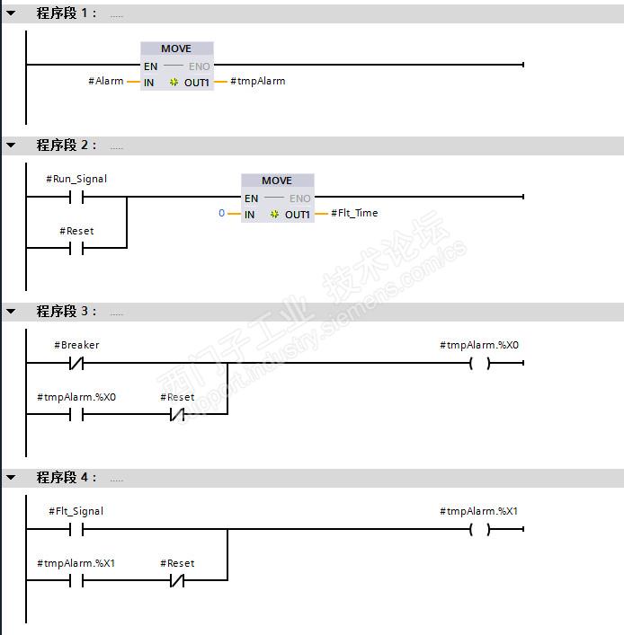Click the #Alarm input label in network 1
(x=105, y=82)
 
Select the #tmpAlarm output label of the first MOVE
(x=257, y=82)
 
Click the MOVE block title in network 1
(x=176, y=49)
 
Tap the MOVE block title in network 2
(x=277, y=181)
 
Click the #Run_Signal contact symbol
(x=76, y=197)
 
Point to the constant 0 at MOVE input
(x=221, y=214)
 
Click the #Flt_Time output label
(x=354, y=214)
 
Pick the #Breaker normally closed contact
(x=76, y=363)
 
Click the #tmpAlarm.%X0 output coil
(x=480, y=363)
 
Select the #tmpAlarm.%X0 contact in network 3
(x=76, y=415)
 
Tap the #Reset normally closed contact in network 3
(x=177, y=415)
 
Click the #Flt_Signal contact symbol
(x=76, y=529)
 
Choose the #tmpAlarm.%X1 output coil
(x=480, y=529)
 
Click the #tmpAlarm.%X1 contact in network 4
(x=76, y=581)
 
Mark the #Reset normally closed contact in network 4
(x=177, y=581)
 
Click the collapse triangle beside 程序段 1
(x=11, y=13)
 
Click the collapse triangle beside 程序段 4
(x=11, y=478)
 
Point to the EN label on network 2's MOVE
(x=251, y=198)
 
